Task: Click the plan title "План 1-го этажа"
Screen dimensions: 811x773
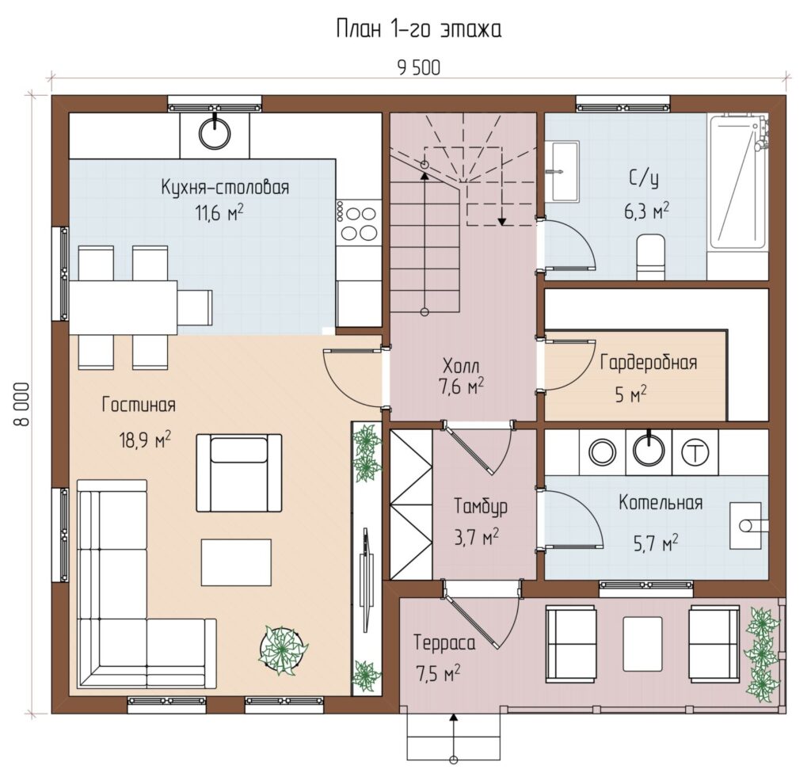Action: [418, 29]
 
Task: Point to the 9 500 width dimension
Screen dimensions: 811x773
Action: [418, 68]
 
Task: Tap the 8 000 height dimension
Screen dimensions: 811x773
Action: [21, 404]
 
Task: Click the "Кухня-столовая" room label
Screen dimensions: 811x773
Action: [225, 187]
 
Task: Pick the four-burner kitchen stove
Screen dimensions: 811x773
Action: [359, 223]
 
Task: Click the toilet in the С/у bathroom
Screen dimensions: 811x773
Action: [650, 257]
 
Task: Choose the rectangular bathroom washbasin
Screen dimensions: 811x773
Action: [564, 171]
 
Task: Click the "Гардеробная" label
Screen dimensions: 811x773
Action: [649, 362]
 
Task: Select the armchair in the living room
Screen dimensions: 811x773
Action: [238, 472]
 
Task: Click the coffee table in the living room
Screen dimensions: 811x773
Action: [236, 562]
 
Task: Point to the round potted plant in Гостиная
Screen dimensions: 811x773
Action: [283, 649]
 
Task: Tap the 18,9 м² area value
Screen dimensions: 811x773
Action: [146, 440]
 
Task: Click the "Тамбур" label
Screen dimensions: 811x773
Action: [481, 506]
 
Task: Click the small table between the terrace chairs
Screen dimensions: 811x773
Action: [642, 644]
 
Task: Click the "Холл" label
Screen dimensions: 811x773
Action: [461, 366]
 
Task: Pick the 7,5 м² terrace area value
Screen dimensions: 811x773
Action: [437, 673]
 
